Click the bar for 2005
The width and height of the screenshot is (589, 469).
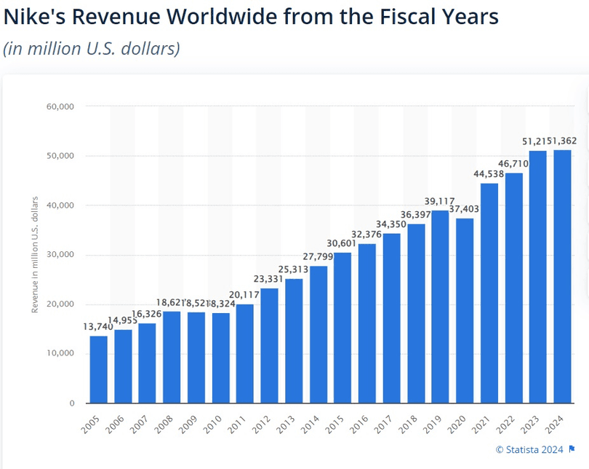click(98, 369)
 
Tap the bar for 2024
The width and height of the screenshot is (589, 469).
click(563, 277)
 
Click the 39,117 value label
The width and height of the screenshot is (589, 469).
click(441, 201)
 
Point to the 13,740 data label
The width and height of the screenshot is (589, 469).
click(97, 327)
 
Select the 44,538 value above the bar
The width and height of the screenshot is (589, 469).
click(489, 174)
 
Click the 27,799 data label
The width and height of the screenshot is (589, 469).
click(318, 257)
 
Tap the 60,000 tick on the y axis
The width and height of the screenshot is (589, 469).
click(60, 106)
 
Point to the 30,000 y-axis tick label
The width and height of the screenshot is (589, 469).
click(60, 255)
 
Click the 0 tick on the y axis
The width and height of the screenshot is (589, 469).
click(71, 403)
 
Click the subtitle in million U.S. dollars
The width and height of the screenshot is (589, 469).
click(92, 49)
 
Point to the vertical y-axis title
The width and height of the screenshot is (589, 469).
click(34, 255)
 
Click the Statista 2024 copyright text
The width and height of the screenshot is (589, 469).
click(530, 449)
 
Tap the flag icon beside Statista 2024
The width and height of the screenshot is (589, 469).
click(573, 449)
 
